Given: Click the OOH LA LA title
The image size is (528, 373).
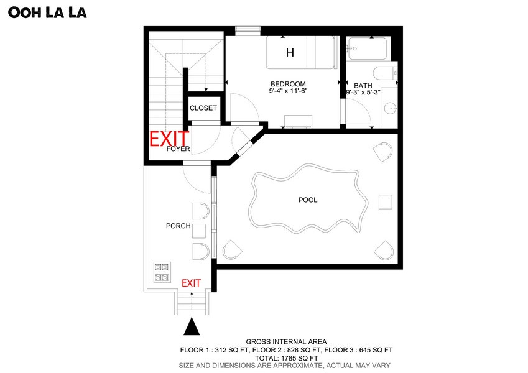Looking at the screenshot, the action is click(x=47, y=12).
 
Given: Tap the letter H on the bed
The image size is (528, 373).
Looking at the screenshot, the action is click(x=290, y=52).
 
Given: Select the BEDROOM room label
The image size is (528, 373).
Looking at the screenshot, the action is click(x=288, y=84).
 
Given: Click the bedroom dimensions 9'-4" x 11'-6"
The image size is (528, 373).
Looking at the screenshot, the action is click(x=288, y=91).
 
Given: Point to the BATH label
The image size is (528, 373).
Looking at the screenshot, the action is click(x=363, y=86).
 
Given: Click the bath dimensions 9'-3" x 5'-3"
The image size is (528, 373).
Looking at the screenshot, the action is click(x=363, y=92).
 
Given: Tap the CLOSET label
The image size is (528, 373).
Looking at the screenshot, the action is click(x=203, y=108).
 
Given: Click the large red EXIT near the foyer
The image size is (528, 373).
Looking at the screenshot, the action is click(x=169, y=139).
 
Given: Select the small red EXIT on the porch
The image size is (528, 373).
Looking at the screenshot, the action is click(x=192, y=283).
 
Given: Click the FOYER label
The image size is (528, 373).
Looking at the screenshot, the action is click(x=178, y=149).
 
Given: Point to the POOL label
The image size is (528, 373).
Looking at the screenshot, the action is click(x=308, y=200).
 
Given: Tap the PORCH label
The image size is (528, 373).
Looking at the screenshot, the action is click(x=178, y=226).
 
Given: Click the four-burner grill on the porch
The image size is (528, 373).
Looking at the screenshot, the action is click(x=162, y=272).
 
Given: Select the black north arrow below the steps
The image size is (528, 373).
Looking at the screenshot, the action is click(x=192, y=326).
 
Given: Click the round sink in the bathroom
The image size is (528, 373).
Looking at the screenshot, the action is click(x=391, y=108).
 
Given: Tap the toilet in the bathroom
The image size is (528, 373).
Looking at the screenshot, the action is click(x=385, y=73).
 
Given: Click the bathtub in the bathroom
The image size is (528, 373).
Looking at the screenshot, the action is click(x=367, y=49).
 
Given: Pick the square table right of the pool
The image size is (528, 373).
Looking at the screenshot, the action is click(x=385, y=201).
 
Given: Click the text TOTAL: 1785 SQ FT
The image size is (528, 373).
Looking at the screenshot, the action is click(x=286, y=358).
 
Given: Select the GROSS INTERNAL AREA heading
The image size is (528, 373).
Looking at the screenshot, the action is click(x=286, y=342).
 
